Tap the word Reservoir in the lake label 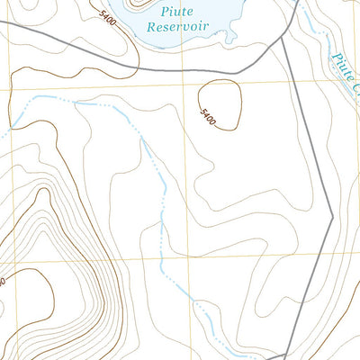177,27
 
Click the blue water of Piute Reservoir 216,18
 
